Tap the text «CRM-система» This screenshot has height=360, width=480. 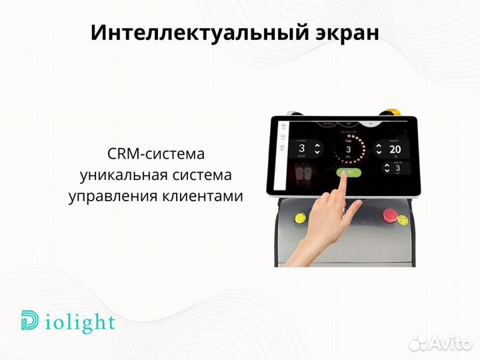click(155, 154)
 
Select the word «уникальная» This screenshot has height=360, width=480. click(120, 175)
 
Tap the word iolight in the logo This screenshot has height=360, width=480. click(78, 323)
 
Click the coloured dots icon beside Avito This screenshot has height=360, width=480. click(418, 342)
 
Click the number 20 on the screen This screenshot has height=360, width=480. click(394, 149)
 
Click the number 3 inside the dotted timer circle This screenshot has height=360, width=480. click(347, 149)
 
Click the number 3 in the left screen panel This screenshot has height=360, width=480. click(301, 149)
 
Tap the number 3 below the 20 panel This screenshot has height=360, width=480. click(397, 168)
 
